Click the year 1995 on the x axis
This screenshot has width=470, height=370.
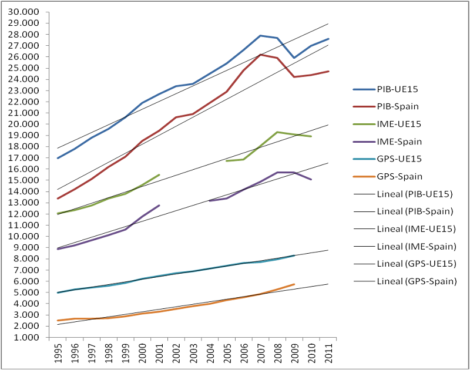pos(58,355)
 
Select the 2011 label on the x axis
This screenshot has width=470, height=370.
pos(328,355)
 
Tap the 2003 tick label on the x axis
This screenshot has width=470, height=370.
pos(193,355)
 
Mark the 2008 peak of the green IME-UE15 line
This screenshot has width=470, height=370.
pos(277,132)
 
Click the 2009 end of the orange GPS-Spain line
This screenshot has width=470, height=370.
pos(294,284)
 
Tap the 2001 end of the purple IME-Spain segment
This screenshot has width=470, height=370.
pos(159,206)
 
